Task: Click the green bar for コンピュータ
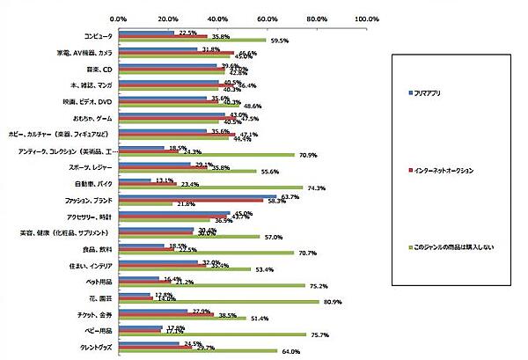[192, 40]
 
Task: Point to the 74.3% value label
[315, 187]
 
